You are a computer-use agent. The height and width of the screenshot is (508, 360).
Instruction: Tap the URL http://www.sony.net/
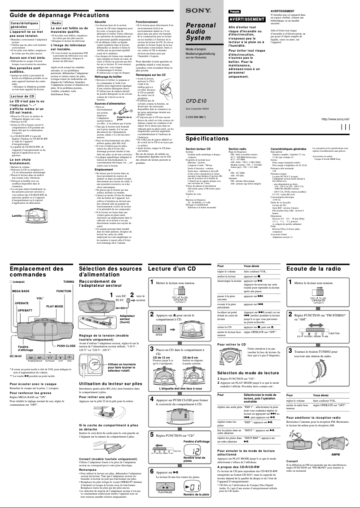coord(335,119)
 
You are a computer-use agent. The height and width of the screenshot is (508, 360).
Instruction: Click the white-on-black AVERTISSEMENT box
coord(246,19)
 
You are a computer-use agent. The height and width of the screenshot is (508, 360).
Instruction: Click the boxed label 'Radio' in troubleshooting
coord(57,22)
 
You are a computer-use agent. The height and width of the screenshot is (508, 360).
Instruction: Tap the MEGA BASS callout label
coord(20,291)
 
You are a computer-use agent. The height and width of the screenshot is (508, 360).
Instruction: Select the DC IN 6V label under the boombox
coord(16,356)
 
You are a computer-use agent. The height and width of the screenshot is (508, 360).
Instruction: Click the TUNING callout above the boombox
coord(69,281)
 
